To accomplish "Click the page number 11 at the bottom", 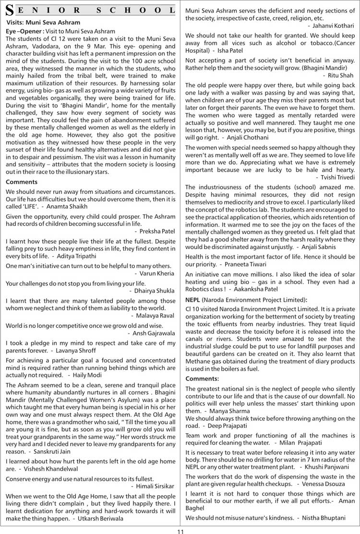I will tap(180, 528).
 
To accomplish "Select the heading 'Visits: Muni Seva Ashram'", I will tap(44, 22).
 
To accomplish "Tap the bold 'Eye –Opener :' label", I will tap(25, 31).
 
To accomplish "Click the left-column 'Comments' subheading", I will tap(22, 182).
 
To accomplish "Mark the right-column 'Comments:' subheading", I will tap(202, 379).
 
